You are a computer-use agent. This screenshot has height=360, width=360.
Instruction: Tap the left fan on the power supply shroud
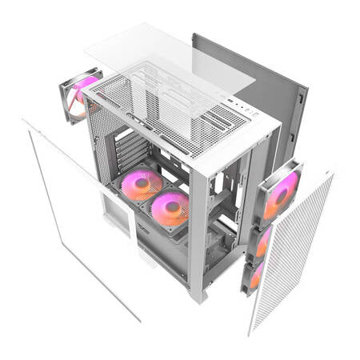138,186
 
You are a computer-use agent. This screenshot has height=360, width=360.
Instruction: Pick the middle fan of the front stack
262,241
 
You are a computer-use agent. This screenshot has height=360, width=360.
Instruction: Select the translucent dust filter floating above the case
168,56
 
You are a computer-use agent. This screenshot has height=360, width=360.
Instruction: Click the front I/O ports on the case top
240,106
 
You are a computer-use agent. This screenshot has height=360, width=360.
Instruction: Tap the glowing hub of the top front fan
282,194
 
